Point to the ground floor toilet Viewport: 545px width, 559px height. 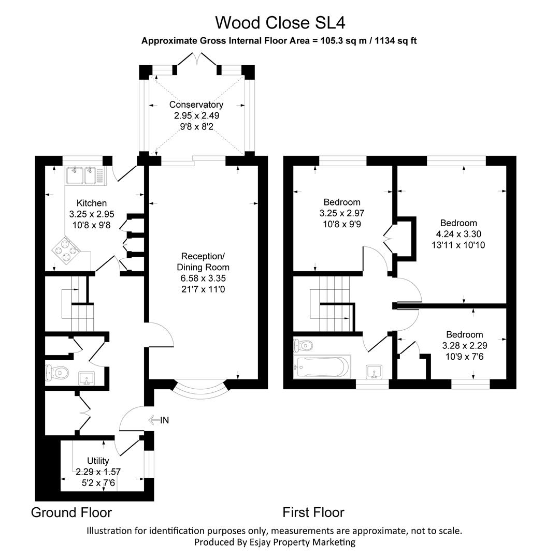click(x=58, y=372)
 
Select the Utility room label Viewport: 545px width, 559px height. click(x=97, y=461)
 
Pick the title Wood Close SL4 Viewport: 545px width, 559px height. click(x=280, y=22)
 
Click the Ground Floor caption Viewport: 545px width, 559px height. click(x=71, y=512)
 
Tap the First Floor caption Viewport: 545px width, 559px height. click(x=313, y=512)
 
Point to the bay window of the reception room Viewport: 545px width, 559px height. click(x=199, y=394)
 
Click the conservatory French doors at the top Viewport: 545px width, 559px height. click(x=197, y=61)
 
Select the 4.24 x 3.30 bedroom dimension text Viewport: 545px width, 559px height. click(x=458, y=234)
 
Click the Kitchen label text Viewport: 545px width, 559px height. click(x=92, y=203)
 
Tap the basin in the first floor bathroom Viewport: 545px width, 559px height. click(x=375, y=371)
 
